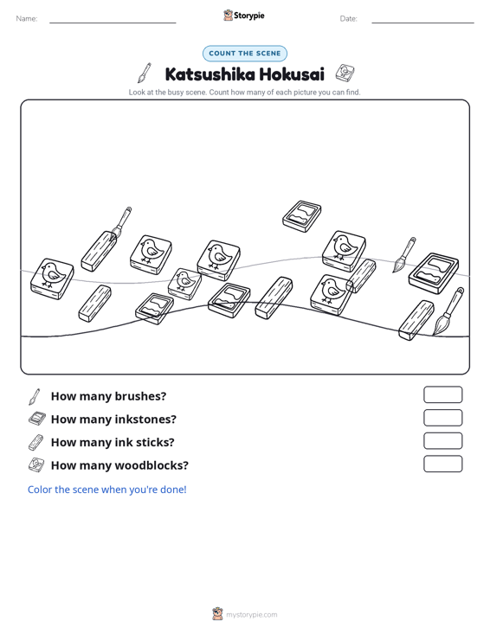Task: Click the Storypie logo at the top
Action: [x=244, y=16]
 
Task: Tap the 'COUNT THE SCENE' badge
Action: [x=245, y=54]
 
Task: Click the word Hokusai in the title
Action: [x=292, y=74]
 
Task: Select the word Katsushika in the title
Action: [x=210, y=74]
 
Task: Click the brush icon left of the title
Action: [x=145, y=73]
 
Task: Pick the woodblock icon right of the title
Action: [x=345, y=73]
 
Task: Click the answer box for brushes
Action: [x=442, y=394]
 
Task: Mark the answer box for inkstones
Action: [x=442, y=418]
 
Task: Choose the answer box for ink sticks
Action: [x=442, y=441]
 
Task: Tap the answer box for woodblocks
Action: [x=442, y=464]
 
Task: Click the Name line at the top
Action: [x=113, y=22]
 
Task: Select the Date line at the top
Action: [x=422, y=22]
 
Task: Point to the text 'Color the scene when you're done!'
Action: [x=106, y=490]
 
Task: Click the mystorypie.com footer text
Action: [x=251, y=615]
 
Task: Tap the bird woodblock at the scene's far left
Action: [x=52, y=279]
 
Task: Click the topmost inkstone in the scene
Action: [x=302, y=216]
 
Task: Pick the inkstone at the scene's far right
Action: [x=434, y=273]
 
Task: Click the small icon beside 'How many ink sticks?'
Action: [x=35, y=442]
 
